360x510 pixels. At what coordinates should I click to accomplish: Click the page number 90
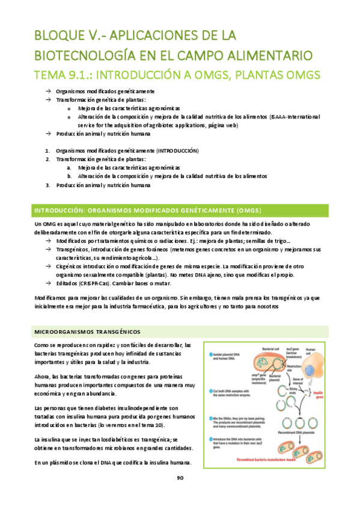click(180, 478)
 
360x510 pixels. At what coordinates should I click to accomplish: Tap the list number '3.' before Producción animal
click(48, 185)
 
